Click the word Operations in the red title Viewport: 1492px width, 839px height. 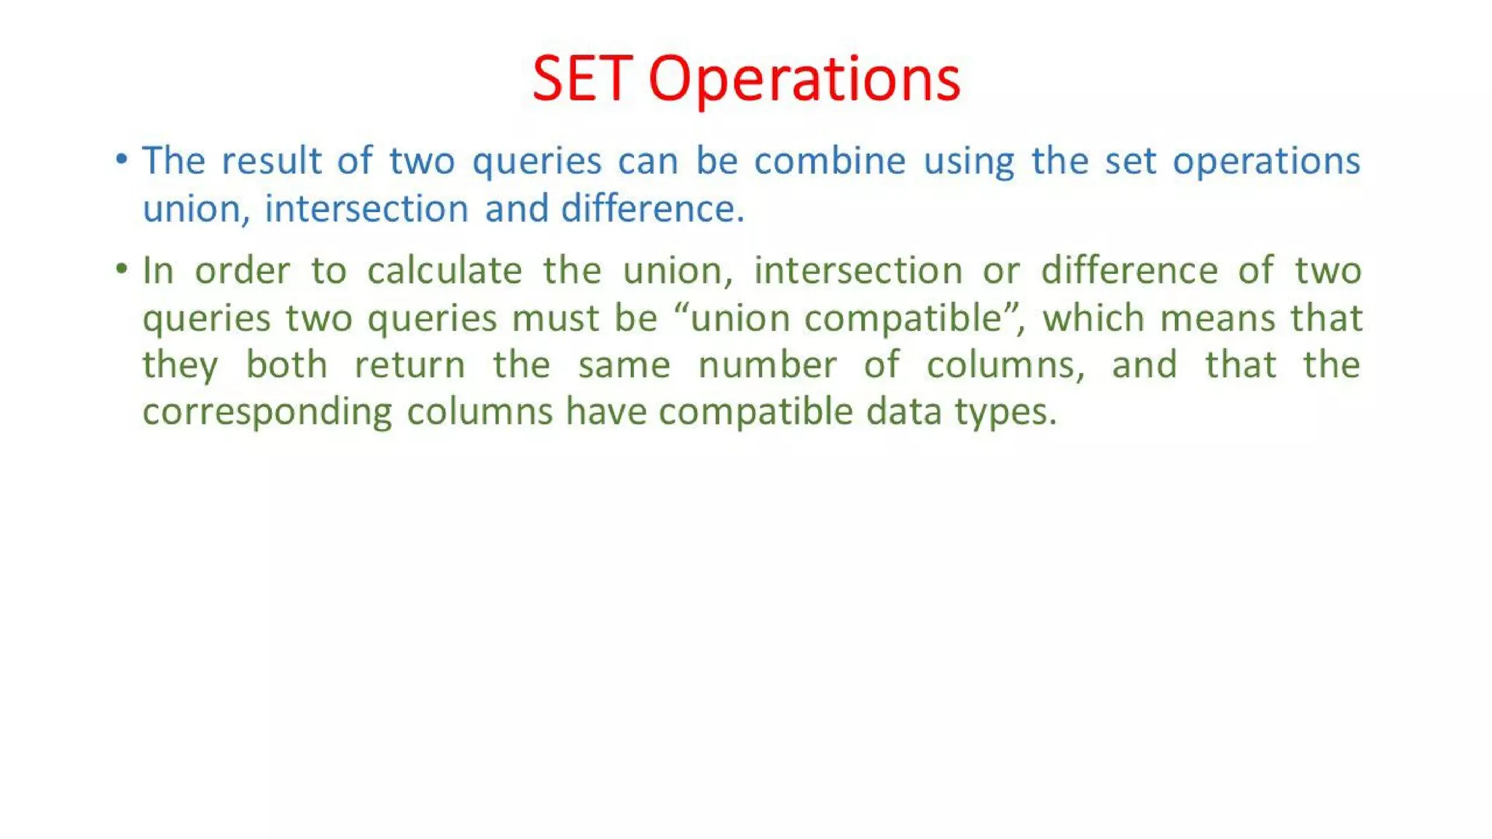pyautogui.click(x=804, y=79)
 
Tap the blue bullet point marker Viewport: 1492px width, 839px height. pyautogui.click(x=122, y=159)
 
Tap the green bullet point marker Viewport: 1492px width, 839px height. pyautogui.click(x=122, y=269)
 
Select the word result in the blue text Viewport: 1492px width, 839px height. pyautogui.click(x=272, y=160)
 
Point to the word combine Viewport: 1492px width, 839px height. pyautogui.click(x=830, y=160)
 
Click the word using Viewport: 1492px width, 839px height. pyautogui.click(x=968, y=162)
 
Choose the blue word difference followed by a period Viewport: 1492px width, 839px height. pyautogui.click(x=651, y=208)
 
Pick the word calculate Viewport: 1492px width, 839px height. pyautogui.click(x=444, y=271)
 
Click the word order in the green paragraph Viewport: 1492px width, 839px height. pyautogui.click(x=242, y=271)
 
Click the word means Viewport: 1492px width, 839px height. pyautogui.click(x=1217, y=318)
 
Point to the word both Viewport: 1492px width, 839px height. pyautogui.click(x=286, y=364)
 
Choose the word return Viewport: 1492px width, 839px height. pyautogui.click(x=409, y=365)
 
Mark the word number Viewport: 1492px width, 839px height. pyautogui.click(x=767, y=364)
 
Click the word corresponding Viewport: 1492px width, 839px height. pyautogui.click(x=267, y=412)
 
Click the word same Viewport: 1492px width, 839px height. pyautogui.click(x=624, y=365)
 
